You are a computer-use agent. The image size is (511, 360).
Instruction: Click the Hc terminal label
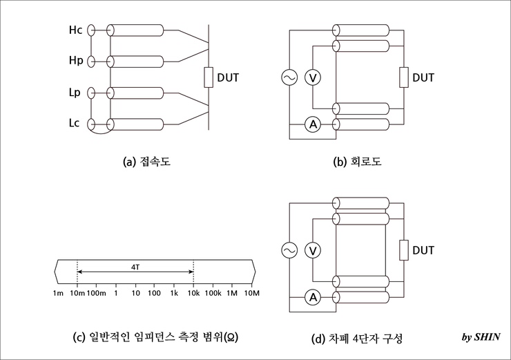point(75,31)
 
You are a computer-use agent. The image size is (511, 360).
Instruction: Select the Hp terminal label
point(75,61)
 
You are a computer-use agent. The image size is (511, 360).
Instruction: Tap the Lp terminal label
point(75,93)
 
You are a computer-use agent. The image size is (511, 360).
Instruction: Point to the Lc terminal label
point(75,124)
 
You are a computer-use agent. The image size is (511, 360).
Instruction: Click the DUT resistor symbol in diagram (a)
point(208,77)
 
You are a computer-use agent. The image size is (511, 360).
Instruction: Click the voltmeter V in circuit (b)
point(313,77)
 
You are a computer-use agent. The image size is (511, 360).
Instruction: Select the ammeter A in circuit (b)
point(313,124)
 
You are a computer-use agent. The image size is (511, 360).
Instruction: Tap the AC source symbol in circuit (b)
point(289,77)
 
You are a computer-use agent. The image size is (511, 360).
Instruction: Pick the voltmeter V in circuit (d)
point(313,249)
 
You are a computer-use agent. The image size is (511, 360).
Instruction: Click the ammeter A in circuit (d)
point(313,298)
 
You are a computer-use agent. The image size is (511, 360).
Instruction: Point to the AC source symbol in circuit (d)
point(289,249)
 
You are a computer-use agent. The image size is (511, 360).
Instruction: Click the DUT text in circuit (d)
point(423,249)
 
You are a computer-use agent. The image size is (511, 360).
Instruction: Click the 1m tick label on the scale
point(58,294)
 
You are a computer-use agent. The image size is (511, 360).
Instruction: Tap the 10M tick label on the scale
point(252,294)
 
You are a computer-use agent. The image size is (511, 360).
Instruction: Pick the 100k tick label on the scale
point(213,294)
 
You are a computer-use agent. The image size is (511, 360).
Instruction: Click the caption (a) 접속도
point(146,162)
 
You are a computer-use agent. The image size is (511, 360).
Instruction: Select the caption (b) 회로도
point(357,162)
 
